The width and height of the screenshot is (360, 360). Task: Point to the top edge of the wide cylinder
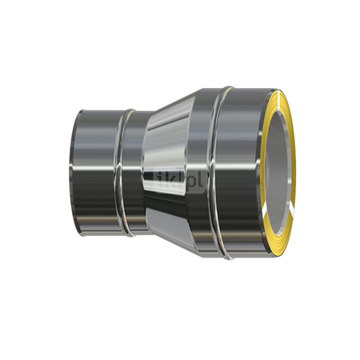click(240, 87)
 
